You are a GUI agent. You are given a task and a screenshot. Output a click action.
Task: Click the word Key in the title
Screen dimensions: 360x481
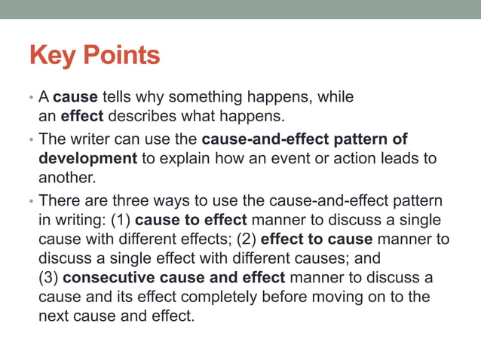click(x=52, y=55)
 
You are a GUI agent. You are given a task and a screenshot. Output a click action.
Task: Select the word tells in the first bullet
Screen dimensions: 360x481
click(x=119, y=98)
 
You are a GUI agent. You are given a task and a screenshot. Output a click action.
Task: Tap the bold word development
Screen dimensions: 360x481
click(x=87, y=159)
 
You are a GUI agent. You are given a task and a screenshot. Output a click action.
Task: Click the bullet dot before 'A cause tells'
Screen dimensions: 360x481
click(x=31, y=99)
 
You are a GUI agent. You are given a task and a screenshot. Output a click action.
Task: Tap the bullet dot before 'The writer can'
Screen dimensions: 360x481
click(x=31, y=140)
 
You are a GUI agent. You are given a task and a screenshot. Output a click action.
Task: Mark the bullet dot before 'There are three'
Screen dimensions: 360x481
click(x=31, y=202)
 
